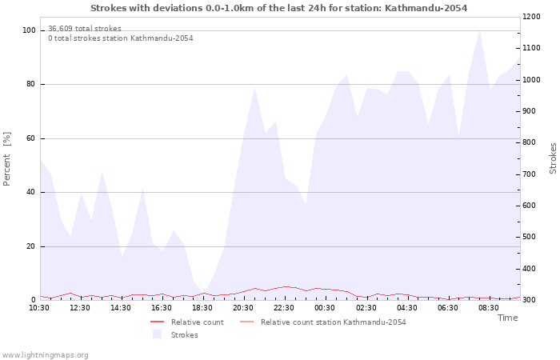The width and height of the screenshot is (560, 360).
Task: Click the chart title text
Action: pos(278,8)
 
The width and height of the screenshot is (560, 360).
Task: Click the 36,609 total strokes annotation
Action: pos(85,28)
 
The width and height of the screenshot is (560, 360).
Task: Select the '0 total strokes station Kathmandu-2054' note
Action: pos(120,38)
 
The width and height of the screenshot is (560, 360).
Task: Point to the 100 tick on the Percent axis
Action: pos(30,30)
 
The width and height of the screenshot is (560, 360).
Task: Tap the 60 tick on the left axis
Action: pos(31,138)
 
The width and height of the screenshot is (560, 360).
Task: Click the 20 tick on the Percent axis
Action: pos(31,246)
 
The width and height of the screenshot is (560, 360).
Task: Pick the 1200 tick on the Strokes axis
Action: pos(534,17)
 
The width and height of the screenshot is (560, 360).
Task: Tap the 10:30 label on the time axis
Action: pos(40,307)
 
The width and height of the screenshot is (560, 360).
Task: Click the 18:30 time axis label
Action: pos(202,307)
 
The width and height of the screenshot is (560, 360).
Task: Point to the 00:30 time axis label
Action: pos(325,307)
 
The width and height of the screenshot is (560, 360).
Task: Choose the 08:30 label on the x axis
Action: pos(488,307)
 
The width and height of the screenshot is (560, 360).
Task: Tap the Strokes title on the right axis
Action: pos(553,158)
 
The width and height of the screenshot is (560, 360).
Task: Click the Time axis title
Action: pos(507,318)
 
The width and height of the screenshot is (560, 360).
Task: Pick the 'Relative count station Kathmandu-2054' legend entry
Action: pos(333,322)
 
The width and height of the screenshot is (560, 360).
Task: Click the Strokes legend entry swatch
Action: pos(157,334)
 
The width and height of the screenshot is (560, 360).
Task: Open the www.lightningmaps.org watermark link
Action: pos(45,354)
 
